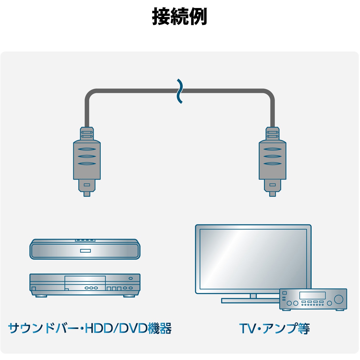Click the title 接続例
pos(180,17)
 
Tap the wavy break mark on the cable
pos(180,91)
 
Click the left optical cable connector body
pos(87,160)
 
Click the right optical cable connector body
pos(273,160)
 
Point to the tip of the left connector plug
pos(87,196)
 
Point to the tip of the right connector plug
pos(273,196)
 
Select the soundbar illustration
pos(85,249)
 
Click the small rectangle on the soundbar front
pos(85,251)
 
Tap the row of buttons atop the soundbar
pos(85,240)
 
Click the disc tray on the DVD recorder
pos(85,279)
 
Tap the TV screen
pos(253,259)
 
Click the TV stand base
pos(250,300)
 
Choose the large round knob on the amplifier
pos(339,299)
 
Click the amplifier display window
pos(312,295)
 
